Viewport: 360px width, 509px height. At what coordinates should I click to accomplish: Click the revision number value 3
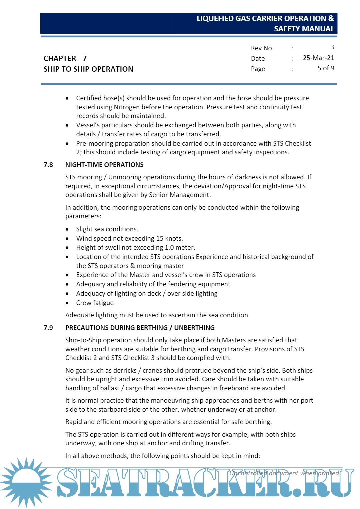click(x=332, y=47)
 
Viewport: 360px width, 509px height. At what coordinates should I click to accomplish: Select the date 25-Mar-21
click(x=318, y=58)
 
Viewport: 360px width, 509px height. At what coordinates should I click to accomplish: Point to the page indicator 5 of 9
click(x=326, y=68)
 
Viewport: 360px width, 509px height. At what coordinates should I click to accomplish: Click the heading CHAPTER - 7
click(x=65, y=58)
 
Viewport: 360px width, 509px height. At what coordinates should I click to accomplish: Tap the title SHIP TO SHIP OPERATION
click(x=88, y=69)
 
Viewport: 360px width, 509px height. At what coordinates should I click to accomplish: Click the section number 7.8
click(x=48, y=165)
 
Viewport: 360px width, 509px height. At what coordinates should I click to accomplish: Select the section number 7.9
click(x=48, y=328)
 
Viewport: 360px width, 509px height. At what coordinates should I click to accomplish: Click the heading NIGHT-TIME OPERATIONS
click(x=104, y=165)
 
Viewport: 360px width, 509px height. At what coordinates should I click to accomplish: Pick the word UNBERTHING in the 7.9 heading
click(x=194, y=328)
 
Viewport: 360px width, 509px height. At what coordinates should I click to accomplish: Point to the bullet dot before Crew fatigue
click(x=67, y=303)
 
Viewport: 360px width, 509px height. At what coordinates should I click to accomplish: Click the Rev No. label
click(x=262, y=48)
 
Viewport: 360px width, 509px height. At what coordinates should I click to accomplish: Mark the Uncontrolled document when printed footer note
click(x=284, y=473)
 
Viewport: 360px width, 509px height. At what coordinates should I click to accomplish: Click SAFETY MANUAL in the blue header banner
click(x=304, y=29)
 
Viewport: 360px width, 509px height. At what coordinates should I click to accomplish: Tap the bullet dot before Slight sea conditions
click(x=67, y=229)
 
